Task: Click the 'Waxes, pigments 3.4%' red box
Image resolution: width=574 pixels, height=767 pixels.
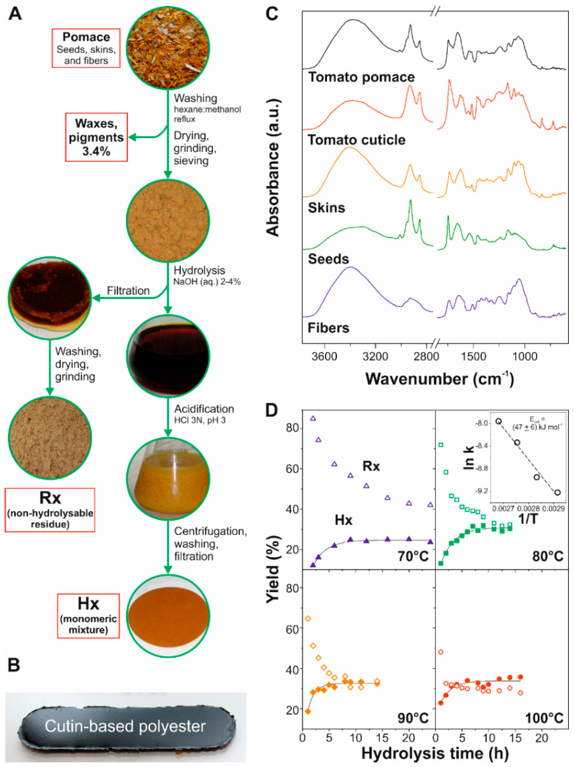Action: click(x=96, y=137)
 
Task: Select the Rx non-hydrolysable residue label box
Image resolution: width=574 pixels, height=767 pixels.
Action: click(x=50, y=510)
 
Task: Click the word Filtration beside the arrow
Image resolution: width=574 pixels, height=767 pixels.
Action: click(x=128, y=291)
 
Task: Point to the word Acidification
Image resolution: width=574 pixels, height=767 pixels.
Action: click(x=204, y=409)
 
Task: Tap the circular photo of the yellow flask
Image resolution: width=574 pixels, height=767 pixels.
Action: click(x=168, y=478)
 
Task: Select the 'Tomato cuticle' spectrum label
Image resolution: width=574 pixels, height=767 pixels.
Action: click(x=356, y=140)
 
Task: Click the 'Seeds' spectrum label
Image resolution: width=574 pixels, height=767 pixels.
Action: click(x=328, y=259)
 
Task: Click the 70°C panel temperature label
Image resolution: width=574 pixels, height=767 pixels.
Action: click(x=413, y=556)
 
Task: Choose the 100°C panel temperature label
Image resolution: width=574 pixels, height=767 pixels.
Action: click(x=544, y=718)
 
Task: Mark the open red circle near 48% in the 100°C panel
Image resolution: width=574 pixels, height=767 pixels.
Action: click(x=441, y=652)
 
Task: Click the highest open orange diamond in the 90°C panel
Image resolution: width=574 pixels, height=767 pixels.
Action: click(x=308, y=619)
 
